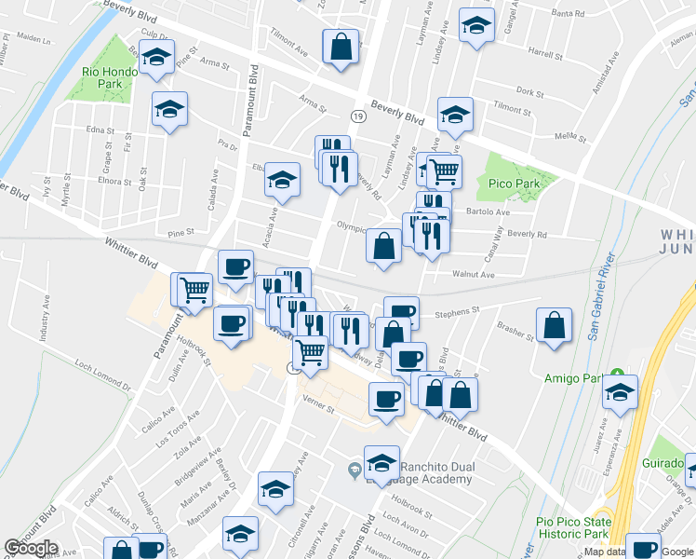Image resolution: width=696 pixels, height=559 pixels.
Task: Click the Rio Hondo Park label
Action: click(102, 77)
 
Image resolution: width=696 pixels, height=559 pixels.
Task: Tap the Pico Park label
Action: click(515, 184)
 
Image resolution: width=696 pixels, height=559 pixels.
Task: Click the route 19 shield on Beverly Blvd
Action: click(358, 116)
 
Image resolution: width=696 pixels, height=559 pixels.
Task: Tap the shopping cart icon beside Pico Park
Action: click(445, 170)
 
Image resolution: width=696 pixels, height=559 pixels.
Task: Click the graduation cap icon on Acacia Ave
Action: click(282, 180)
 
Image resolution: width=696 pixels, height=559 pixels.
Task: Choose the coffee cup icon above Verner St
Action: click(386, 400)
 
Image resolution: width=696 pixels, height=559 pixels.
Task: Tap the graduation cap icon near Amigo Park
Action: click(619, 393)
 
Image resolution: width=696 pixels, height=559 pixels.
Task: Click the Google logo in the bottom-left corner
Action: click(31, 548)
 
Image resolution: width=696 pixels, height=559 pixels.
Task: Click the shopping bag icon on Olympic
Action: click(383, 247)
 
